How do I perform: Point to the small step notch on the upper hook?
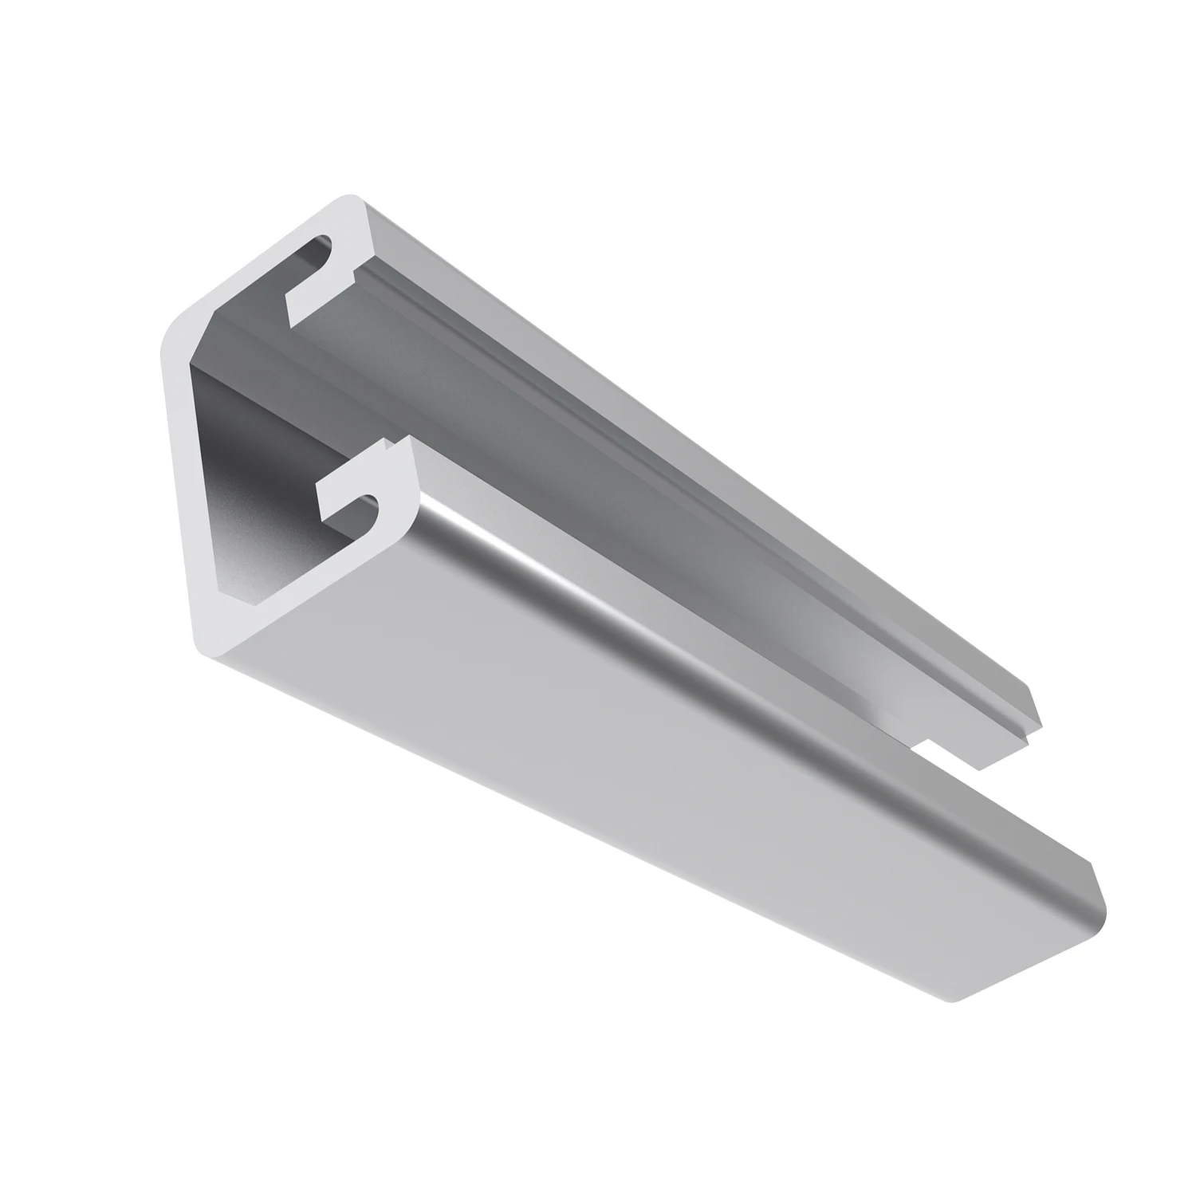coord(352,279)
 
